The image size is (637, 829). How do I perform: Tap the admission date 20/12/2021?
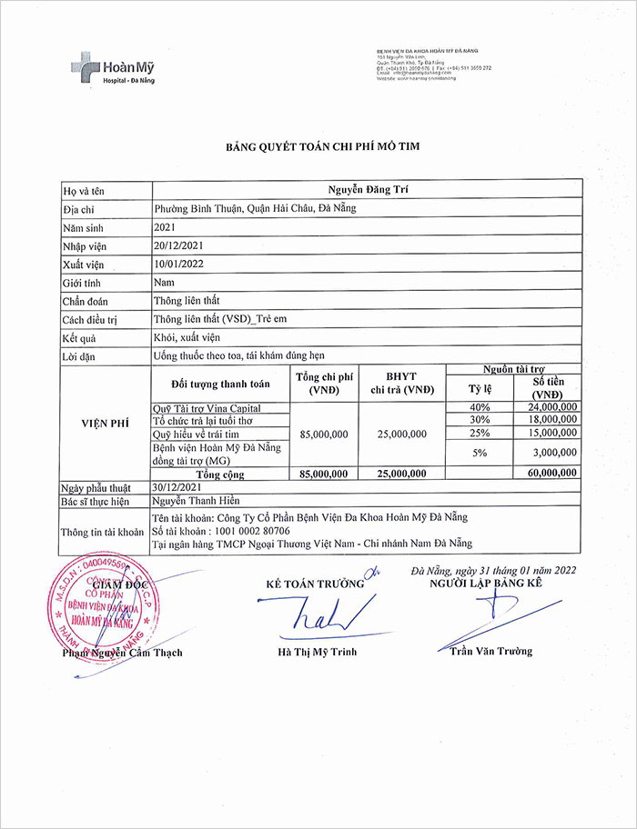click(178, 245)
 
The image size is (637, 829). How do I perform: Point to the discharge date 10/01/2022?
click(178, 264)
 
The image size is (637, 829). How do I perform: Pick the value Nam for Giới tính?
click(164, 282)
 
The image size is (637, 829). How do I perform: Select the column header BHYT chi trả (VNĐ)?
click(401, 384)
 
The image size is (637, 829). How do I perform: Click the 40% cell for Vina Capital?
click(480, 407)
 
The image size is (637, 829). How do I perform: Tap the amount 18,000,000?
click(547, 420)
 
